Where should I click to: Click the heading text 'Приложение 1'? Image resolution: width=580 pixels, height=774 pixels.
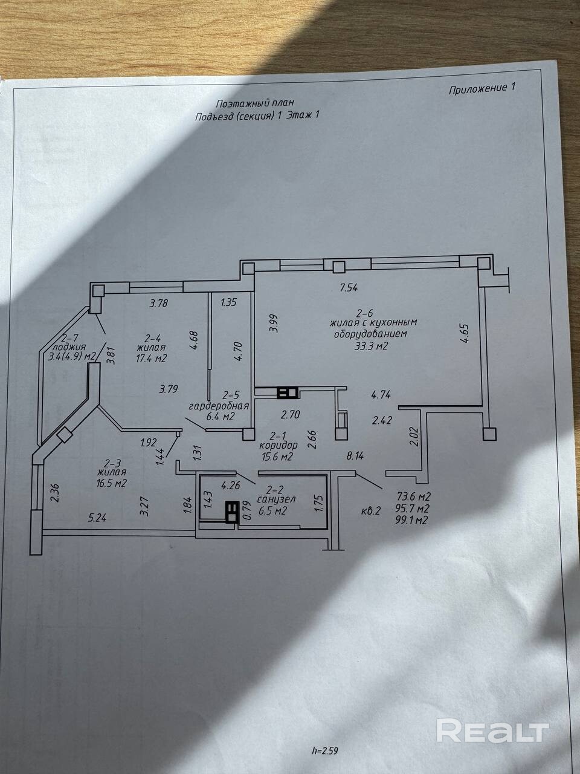point(482,89)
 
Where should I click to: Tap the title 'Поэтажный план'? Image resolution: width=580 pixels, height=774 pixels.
point(254,103)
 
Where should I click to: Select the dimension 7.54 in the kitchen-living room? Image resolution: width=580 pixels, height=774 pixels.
point(349,288)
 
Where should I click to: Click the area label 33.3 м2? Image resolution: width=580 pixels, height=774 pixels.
point(371,346)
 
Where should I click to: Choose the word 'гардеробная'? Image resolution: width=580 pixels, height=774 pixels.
point(219,406)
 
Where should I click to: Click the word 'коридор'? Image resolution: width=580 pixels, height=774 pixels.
point(278,444)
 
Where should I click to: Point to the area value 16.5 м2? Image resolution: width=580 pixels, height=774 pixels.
point(112,483)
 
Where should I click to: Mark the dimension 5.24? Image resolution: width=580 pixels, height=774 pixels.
point(97,518)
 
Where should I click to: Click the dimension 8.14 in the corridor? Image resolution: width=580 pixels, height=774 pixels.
point(355,456)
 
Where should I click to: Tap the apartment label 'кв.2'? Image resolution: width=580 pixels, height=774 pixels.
point(371,511)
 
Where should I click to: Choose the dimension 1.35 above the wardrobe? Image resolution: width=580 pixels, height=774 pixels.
point(228,302)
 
